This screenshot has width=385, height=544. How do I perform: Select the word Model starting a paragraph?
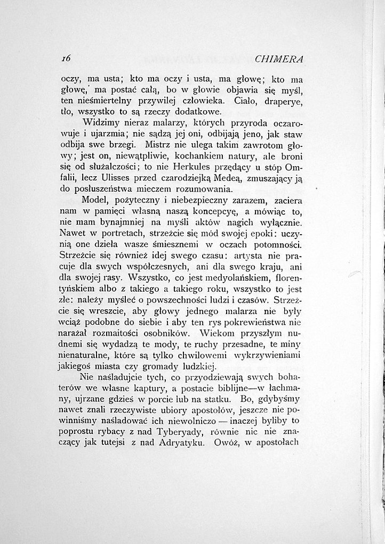95,201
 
